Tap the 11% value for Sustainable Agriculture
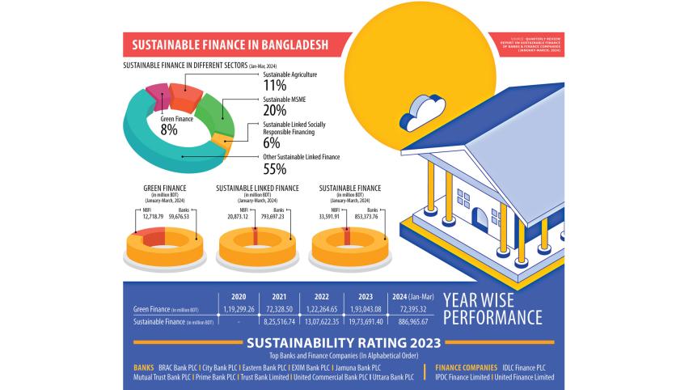click(275, 84)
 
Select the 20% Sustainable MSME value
click(275, 110)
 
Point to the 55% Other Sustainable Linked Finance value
click(275, 169)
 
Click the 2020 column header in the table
click(239, 296)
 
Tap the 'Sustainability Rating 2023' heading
click(343, 342)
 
